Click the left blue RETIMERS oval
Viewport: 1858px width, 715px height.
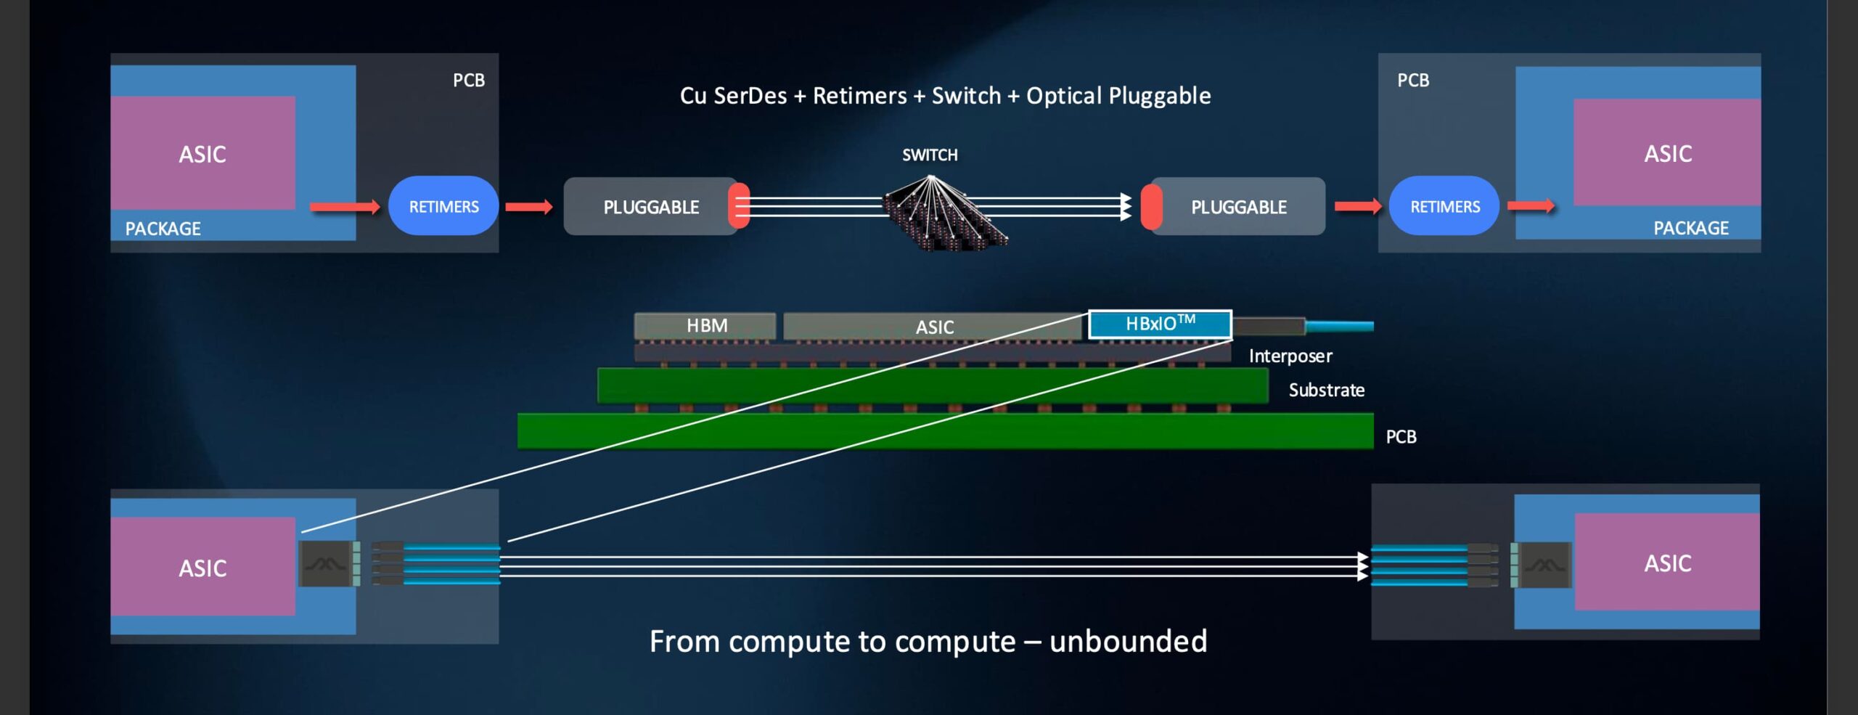coord(443,206)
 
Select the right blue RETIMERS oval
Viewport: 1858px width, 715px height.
coord(1444,206)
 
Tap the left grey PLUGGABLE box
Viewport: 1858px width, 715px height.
coord(650,207)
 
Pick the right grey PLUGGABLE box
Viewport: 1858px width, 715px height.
coord(1238,207)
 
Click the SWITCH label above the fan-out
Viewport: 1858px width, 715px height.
coord(930,155)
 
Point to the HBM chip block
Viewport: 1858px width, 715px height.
coord(705,325)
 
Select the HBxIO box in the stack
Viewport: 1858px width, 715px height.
coord(1160,324)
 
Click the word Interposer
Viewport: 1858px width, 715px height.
coord(1290,356)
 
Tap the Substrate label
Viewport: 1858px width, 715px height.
coord(1326,390)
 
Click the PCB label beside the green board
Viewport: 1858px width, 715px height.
coord(1401,436)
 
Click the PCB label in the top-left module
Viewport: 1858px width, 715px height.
coord(469,80)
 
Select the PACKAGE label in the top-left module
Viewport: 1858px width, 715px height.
coord(163,229)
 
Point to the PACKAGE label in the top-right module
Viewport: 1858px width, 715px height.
coord(1690,228)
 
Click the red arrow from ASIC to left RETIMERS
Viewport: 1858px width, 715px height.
coord(345,208)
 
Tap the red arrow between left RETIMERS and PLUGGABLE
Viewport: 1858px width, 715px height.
coord(528,208)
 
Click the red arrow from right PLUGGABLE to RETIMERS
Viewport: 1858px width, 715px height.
coord(1357,207)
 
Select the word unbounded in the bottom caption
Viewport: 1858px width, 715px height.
coord(1128,641)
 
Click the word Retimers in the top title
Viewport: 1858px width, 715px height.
coord(859,96)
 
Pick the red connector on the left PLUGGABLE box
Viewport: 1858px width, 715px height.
coord(739,206)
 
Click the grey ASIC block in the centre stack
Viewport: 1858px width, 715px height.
coord(934,327)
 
